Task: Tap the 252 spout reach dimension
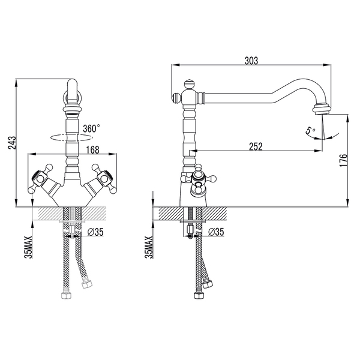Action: [x=254, y=145]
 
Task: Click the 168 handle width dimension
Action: [x=74, y=149]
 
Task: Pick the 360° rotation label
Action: [x=91, y=128]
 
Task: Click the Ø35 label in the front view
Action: [x=96, y=232]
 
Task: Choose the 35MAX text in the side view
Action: [x=151, y=247]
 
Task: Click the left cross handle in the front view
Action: [x=43, y=178]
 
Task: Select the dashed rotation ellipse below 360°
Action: [x=72, y=137]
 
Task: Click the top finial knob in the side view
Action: [x=188, y=83]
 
